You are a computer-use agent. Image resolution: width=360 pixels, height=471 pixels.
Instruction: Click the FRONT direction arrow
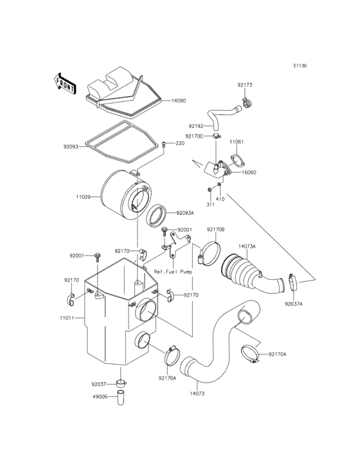(x=65, y=82)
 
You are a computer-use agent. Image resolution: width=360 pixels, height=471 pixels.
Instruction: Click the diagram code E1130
(x=300, y=66)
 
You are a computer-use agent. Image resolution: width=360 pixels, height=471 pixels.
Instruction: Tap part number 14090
(x=178, y=101)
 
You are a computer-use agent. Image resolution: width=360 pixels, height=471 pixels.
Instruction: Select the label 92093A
(x=183, y=213)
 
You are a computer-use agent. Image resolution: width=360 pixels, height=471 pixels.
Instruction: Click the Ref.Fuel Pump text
(x=173, y=272)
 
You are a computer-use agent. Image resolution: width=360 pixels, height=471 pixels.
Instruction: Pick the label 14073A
(x=247, y=246)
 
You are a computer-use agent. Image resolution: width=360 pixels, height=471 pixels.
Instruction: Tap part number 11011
(x=67, y=318)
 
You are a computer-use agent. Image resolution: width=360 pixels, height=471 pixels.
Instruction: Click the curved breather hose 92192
(x=222, y=116)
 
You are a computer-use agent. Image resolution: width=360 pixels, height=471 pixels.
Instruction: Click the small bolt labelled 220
(x=165, y=144)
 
